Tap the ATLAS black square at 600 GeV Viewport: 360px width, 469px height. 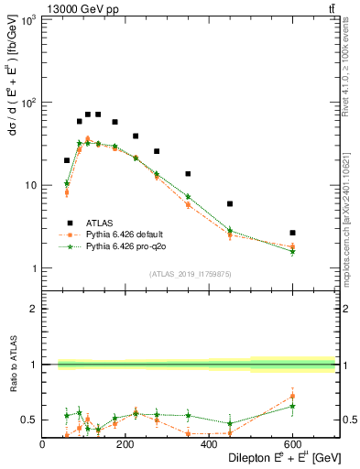[292, 233]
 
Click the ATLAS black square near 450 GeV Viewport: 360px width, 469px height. [230, 203]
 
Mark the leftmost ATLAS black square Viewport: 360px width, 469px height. [67, 160]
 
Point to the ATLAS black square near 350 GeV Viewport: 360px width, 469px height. [188, 174]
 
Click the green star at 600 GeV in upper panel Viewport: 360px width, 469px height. [292, 251]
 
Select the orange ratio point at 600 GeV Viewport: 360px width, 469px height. [292, 397]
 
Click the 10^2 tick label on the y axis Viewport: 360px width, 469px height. [29, 103]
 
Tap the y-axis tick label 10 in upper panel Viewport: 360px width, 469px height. [32, 185]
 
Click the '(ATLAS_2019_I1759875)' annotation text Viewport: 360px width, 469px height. [191, 274]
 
